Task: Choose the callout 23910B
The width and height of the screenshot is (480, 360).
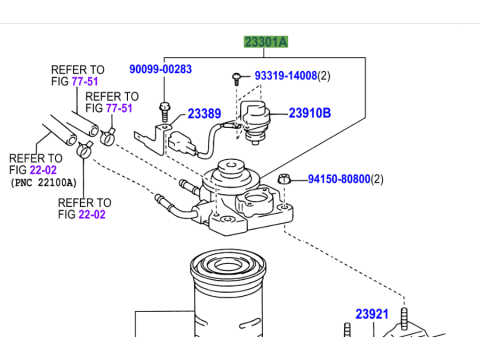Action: pyautogui.click(x=310, y=113)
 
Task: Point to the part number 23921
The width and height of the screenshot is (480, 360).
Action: pyautogui.click(x=371, y=314)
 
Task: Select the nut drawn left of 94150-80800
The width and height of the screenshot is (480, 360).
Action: pyautogui.click(x=283, y=180)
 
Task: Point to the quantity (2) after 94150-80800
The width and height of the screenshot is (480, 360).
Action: pyautogui.click(x=377, y=180)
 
